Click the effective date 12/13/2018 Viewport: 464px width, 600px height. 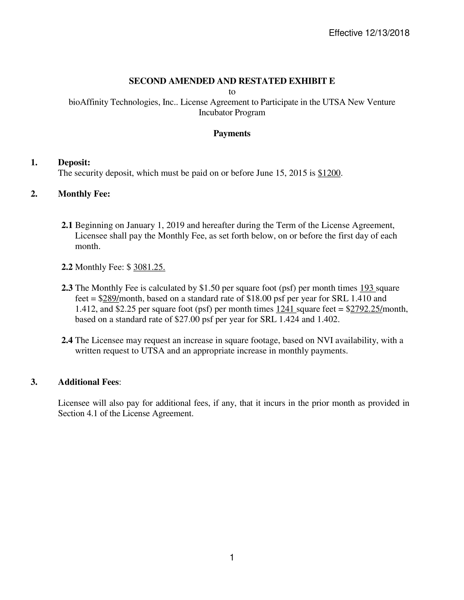click(387, 33)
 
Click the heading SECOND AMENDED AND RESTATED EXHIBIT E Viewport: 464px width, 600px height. click(232, 81)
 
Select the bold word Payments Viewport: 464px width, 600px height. click(232, 134)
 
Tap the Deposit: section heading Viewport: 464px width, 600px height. click(74, 162)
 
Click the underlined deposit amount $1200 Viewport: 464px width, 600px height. click(329, 173)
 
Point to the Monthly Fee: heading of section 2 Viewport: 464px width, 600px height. click(84, 194)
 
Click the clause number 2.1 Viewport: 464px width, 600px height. click(67, 225)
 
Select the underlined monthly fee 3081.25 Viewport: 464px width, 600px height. click(149, 267)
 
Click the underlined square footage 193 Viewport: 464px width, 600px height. click(367, 288)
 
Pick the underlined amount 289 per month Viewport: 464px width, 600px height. click(111, 298)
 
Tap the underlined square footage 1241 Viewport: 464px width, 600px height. click(285, 309)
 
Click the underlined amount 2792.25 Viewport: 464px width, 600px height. click(366, 309)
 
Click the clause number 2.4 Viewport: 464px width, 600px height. click(67, 340)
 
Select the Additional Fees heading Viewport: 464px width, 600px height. click(88, 382)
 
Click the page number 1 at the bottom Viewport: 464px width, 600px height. click(232, 557)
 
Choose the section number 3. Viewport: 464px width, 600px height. click(34, 382)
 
